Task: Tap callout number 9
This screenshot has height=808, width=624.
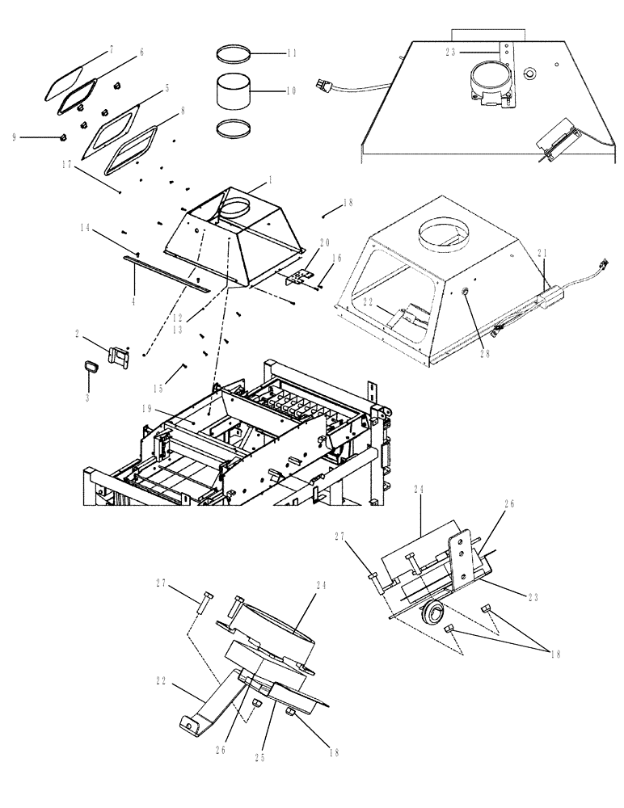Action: tap(14, 137)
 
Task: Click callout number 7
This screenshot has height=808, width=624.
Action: tap(112, 50)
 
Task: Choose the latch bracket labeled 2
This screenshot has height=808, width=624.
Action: tap(118, 356)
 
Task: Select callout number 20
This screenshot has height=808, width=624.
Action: tap(325, 243)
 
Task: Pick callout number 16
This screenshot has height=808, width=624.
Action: tap(337, 258)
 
